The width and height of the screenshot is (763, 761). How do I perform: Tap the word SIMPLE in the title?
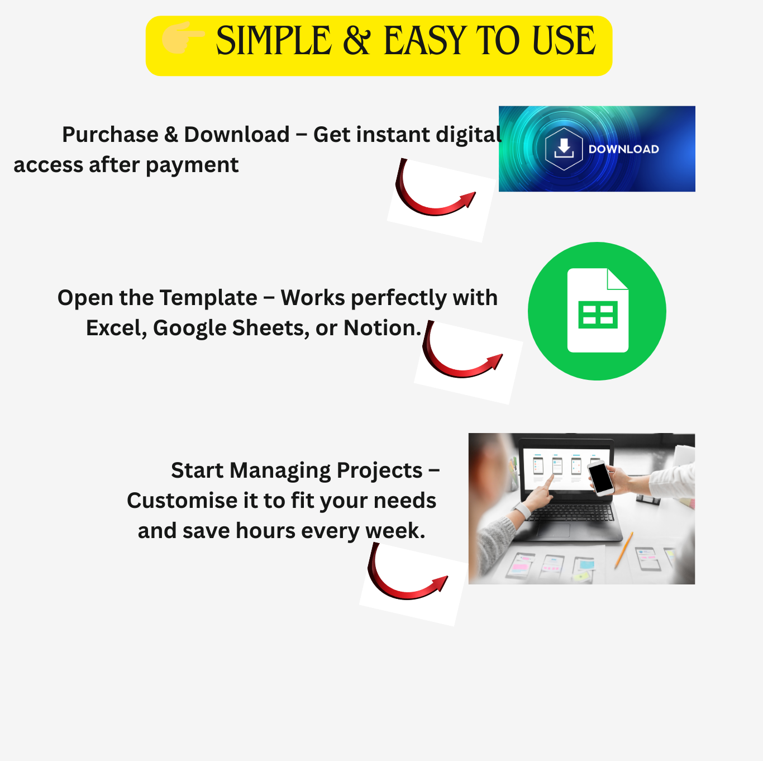click(274, 41)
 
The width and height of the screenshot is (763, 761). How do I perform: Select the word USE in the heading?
click(564, 41)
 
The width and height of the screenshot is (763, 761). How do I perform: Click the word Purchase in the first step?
click(110, 135)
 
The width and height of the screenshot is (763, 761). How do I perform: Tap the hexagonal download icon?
click(564, 149)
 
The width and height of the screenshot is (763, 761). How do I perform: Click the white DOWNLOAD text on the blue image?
click(623, 149)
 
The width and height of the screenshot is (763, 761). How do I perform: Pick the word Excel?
click(116, 328)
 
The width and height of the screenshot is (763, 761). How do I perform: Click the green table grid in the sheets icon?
click(598, 315)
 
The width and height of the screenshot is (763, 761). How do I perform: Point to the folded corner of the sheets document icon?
click(618, 279)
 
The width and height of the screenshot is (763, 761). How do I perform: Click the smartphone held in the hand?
click(601, 478)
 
